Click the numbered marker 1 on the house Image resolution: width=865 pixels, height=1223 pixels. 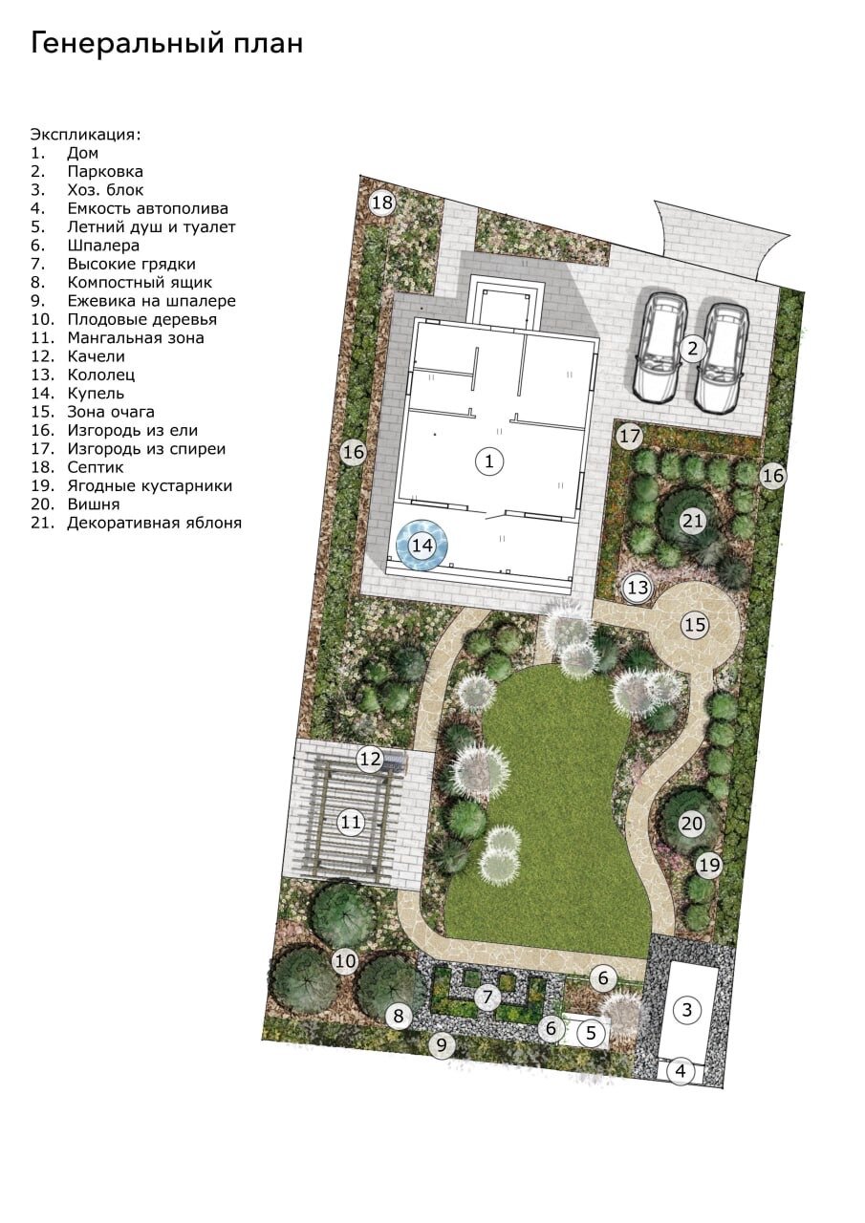488,461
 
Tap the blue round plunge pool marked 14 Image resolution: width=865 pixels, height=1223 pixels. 422,545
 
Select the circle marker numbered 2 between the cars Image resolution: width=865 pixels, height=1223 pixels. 692,349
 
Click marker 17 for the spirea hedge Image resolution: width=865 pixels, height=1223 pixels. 630,437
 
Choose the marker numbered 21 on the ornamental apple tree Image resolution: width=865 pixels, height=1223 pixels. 692,521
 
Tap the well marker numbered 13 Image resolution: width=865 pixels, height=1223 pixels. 638,588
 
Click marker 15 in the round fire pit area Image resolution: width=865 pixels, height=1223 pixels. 695,625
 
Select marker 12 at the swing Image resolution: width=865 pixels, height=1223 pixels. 370,759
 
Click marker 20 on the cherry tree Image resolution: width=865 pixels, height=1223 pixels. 691,823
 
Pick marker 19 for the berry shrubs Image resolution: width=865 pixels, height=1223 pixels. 709,865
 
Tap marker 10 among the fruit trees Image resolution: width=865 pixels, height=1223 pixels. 345,961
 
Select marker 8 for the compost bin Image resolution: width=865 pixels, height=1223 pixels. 399,1016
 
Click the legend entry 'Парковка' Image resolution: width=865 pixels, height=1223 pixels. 105,171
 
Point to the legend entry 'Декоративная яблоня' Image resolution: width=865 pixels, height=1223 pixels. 155,523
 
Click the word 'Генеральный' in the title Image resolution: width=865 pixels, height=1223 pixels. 127,45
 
